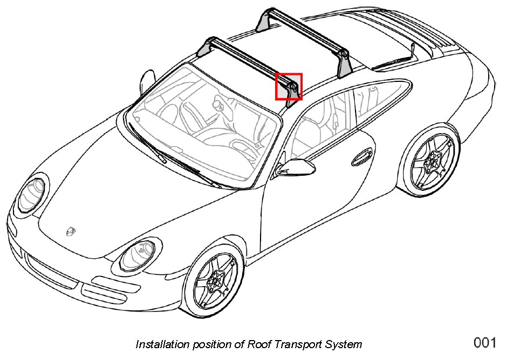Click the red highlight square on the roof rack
pyautogui.click(x=289, y=87)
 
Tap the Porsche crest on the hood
pyautogui.click(x=70, y=231)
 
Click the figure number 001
pyautogui.click(x=484, y=342)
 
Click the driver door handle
pyautogui.click(x=359, y=160)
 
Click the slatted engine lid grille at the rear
pyautogui.click(x=432, y=35)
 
